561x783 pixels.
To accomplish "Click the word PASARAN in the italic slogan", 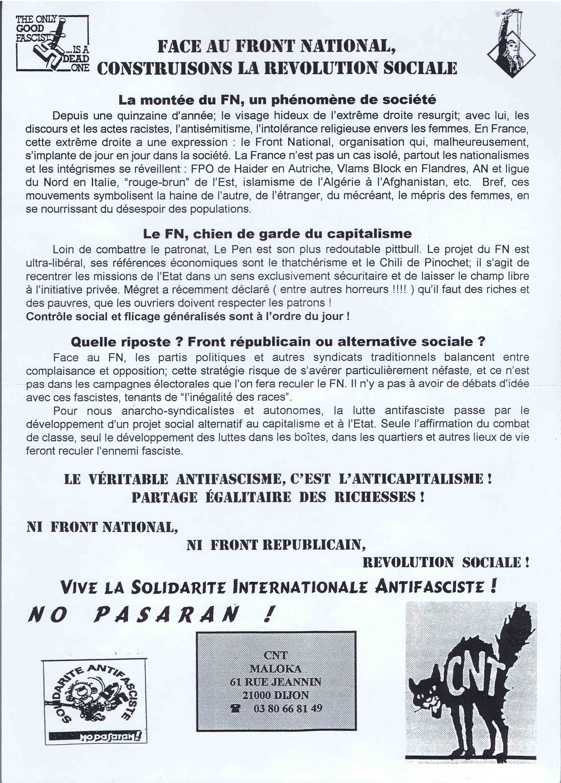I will (166, 615).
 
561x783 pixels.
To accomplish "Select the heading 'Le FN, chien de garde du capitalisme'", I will (277, 234).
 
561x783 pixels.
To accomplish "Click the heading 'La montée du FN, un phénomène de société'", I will (277, 100).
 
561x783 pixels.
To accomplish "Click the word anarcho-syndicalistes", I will (178, 411).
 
